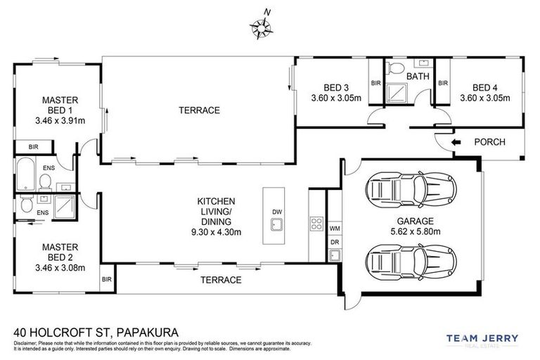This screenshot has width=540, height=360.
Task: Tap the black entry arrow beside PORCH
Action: click(x=456, y=142)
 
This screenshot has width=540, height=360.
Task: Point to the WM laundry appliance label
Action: click(x=334, y=229)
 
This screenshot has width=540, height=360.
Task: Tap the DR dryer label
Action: click(x=334, y=243)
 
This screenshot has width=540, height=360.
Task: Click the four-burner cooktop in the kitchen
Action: click(x=315, y=226)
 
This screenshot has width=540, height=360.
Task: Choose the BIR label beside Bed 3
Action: click(x=375, y=83)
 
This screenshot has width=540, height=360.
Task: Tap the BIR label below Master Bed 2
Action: click(x=107, y=279)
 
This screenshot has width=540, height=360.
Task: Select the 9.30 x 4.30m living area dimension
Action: click(x=216, y=232)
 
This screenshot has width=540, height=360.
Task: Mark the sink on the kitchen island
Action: click(x=276, y=226)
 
